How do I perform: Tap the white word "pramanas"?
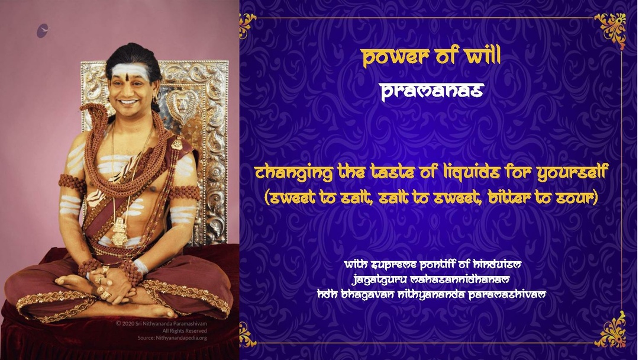click(432, 91)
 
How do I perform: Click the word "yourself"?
click(573, 172)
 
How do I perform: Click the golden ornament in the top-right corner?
click(611, 30)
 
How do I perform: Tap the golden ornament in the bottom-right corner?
click(611, 330)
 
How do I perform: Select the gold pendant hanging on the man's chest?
click(120, 232)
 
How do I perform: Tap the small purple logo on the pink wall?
click(43, 31)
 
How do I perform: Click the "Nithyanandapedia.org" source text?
click(172, 338)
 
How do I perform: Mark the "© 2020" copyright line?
click(162, 324)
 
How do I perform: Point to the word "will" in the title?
click(483, 56)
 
